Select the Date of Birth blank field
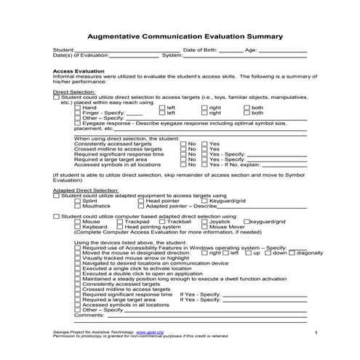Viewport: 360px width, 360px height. tap(231, 50)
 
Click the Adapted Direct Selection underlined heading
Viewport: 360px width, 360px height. tap(81, 189)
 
